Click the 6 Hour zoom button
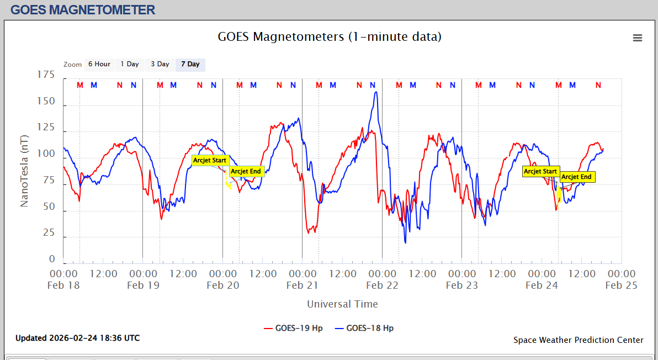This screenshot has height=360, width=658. (x=99, y=64)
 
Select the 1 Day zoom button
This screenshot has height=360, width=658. (x=130, y=64)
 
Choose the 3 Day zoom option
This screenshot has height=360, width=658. (x=160, y=64)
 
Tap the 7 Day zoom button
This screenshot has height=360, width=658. (x=190, y=64)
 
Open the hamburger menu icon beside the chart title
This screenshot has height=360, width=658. (x=638, y=38)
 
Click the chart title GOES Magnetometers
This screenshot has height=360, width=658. (x=330, y=37)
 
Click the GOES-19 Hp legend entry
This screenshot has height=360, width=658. (x=293, y=328)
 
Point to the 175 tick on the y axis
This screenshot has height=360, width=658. (x=46, y=75)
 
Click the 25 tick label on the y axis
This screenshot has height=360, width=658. (x=49, y=233)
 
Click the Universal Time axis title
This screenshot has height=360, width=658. (x=342, y=304)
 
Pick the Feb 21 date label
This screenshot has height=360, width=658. (x=302, y=285)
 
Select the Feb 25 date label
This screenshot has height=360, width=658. (x=621, y=285)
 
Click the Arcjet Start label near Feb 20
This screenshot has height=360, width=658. (x=210, y=160)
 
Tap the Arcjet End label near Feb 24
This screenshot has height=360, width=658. (x=577, y=177)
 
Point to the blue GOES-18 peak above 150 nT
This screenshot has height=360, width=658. (x=376, y=92)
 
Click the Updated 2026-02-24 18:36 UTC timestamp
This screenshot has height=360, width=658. (x=77, y=338)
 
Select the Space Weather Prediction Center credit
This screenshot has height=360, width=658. (x=578, y=340)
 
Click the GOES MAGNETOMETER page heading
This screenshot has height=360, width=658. (x=83, y=9)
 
